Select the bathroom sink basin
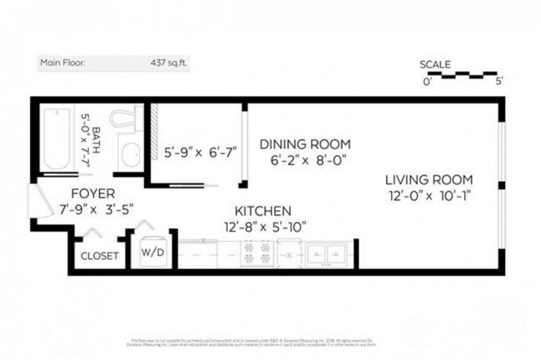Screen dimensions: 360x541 (129, 156)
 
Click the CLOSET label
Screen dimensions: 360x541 (100, 256)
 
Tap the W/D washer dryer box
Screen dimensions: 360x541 (153, 252)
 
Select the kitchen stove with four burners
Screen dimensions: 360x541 (257, 253)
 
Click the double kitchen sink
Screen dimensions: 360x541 (325, 254)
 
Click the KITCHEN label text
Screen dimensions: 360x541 (263, 211)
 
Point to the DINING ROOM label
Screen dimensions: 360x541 (305, 144)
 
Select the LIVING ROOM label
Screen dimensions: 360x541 (429, 179)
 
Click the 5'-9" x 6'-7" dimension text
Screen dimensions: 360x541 (200, 152)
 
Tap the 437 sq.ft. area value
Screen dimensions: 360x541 (168, 62)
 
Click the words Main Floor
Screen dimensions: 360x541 (62, 62)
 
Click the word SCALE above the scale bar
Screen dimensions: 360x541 (435, 64)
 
